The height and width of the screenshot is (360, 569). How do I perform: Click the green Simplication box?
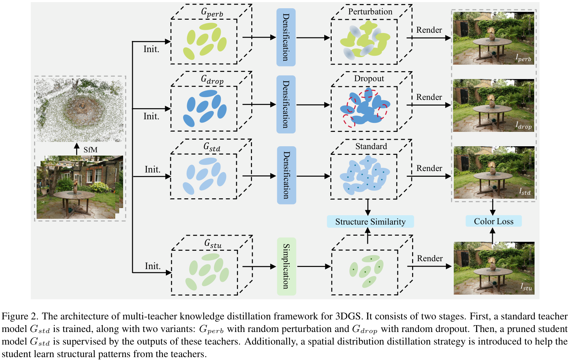(x=286, y=267)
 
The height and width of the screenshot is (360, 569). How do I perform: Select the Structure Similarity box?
(x=370, y=221)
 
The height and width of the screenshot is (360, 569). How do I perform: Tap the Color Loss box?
(x=494, y=221)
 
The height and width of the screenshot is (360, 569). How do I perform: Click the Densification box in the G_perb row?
(x=286, y=37)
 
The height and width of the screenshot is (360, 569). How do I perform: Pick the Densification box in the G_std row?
(x=286, y=175)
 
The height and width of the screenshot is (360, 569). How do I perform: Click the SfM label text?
(x=90, y=150)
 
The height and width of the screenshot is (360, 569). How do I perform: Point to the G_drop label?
(x=212, y=79)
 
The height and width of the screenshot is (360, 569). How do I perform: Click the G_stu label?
(x=213, y=244)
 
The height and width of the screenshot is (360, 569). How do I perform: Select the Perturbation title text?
(x=370, y=11)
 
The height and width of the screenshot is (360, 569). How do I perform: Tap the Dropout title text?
(x=369, y=79)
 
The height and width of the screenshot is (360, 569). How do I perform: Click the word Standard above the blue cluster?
(x=371, y=146)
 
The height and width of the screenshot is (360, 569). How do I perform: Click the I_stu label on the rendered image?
(x=526, y=287)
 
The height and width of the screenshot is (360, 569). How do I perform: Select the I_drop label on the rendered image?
(x=523, y=125)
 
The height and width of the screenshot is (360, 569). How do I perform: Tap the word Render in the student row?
(x=430, y=258)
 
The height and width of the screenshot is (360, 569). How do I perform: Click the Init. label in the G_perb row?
(x=151, y=49)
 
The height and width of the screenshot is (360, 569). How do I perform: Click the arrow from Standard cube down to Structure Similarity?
(x=368, y=207)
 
